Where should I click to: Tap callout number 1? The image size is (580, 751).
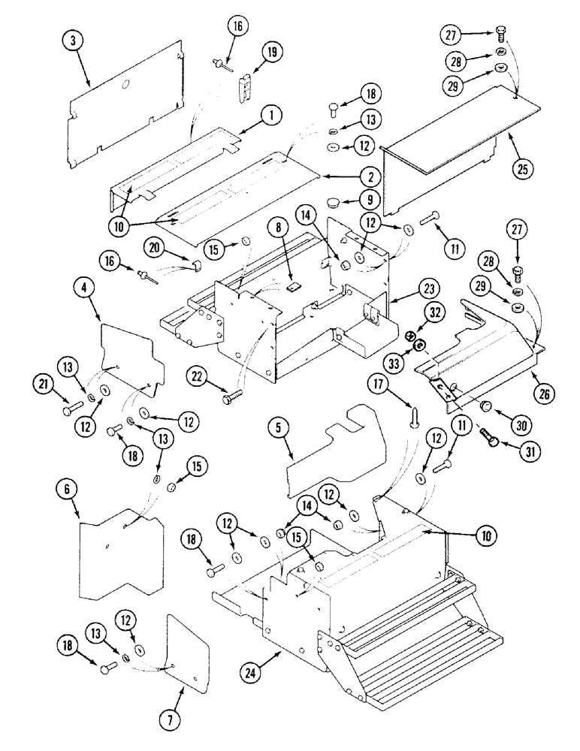(x=272, y=116)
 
